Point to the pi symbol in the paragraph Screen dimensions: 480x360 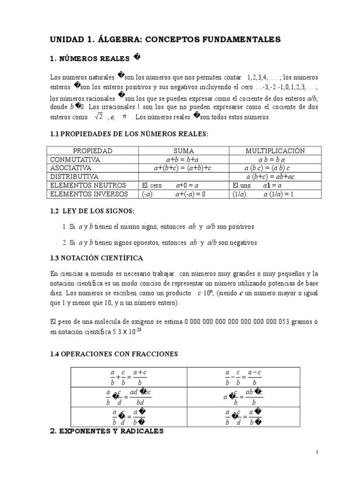click(124, 117)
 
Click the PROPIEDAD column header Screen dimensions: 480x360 click(93, 151)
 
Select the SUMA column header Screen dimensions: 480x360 click(184, 151)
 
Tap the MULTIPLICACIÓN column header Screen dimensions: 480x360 click(275, 151)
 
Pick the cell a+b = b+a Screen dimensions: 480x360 click(183, 159)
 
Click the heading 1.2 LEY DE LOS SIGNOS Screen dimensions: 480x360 click(92, 211)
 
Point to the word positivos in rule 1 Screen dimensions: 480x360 click(241, 227)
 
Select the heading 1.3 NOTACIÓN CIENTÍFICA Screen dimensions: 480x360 click(96, 258)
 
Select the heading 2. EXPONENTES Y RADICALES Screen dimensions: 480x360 click(106, 431)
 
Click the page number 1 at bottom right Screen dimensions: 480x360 click(317, 452)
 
